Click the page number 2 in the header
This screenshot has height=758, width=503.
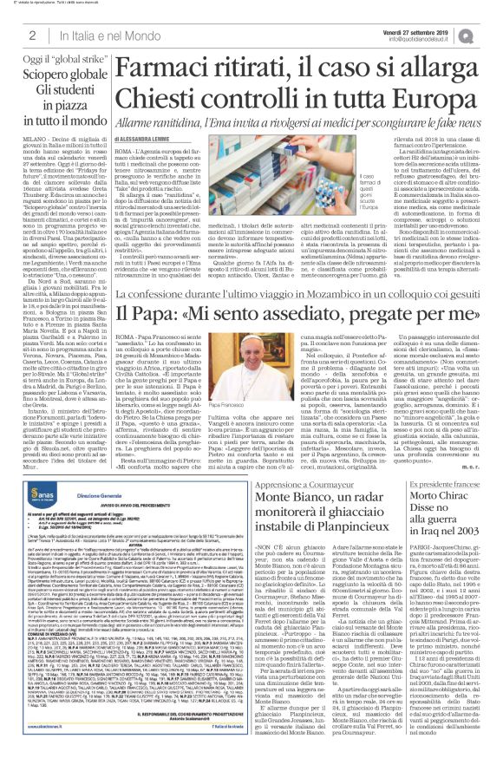(x=31, y=34)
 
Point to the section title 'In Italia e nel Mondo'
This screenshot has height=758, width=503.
(x=87, y=34)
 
